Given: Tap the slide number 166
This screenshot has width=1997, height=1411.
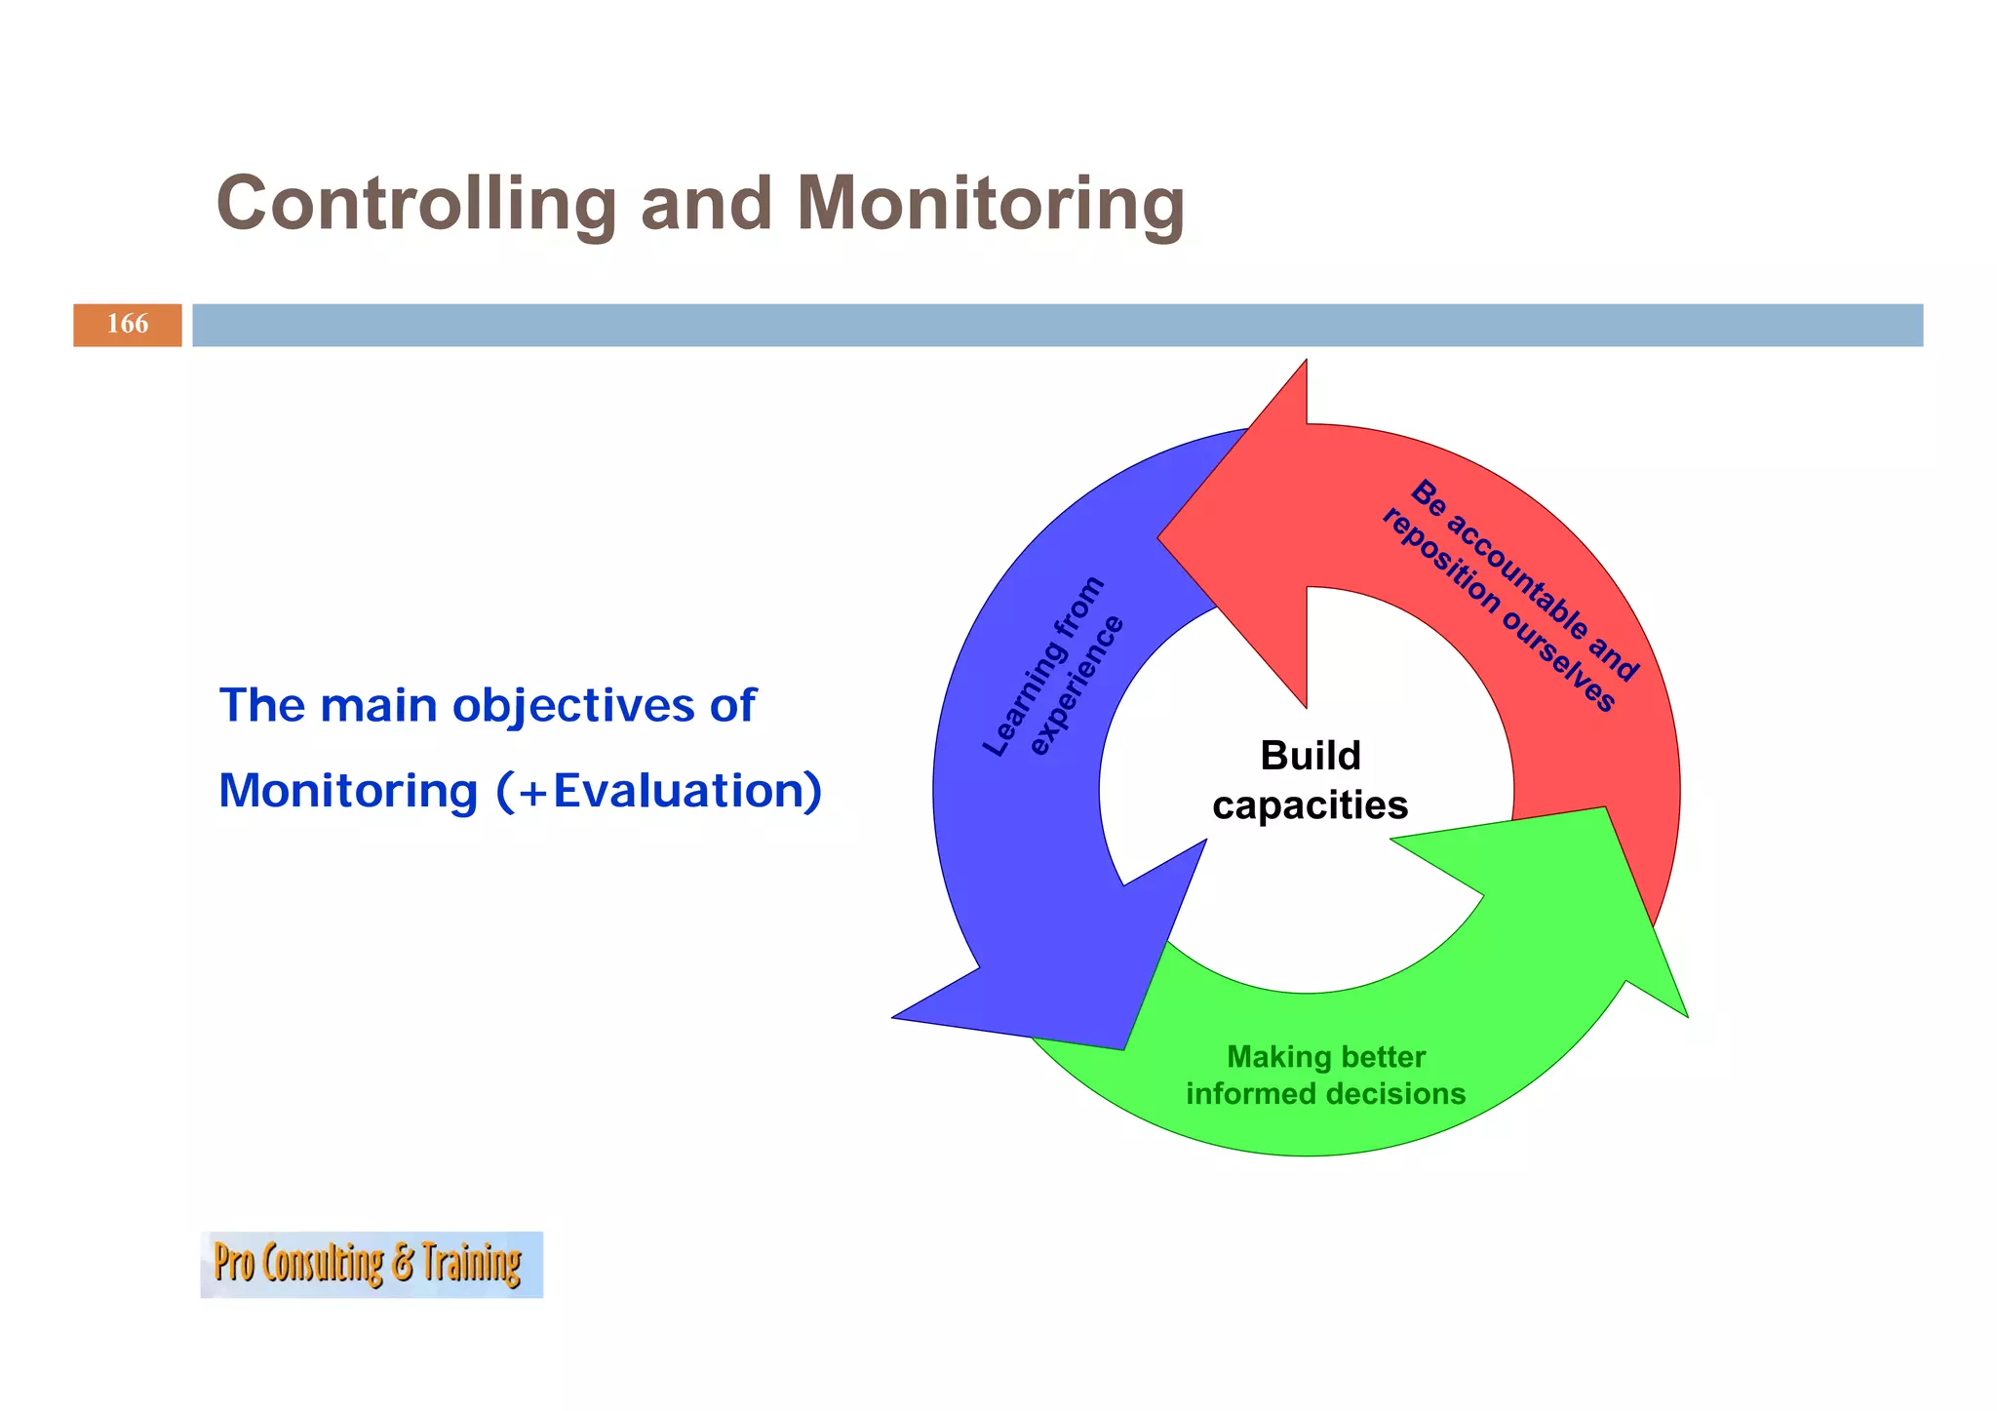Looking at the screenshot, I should point(127,325).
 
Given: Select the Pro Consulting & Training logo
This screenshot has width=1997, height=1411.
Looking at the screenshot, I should point(371,1264).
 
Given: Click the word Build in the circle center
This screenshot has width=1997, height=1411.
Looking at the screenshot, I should point(1310,756).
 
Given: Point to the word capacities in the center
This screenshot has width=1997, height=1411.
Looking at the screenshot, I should point(1310,805).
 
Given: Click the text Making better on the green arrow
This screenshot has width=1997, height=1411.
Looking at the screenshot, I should point(1325,1057).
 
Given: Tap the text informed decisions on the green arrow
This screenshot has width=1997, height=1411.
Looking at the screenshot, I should point(1325,1094).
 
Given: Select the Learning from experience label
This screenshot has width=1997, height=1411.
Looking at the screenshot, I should point(1053,668).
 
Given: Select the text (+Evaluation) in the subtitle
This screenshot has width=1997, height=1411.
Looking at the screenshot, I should point(659,791).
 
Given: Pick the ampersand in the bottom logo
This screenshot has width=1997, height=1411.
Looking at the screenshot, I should point(403,1264).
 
